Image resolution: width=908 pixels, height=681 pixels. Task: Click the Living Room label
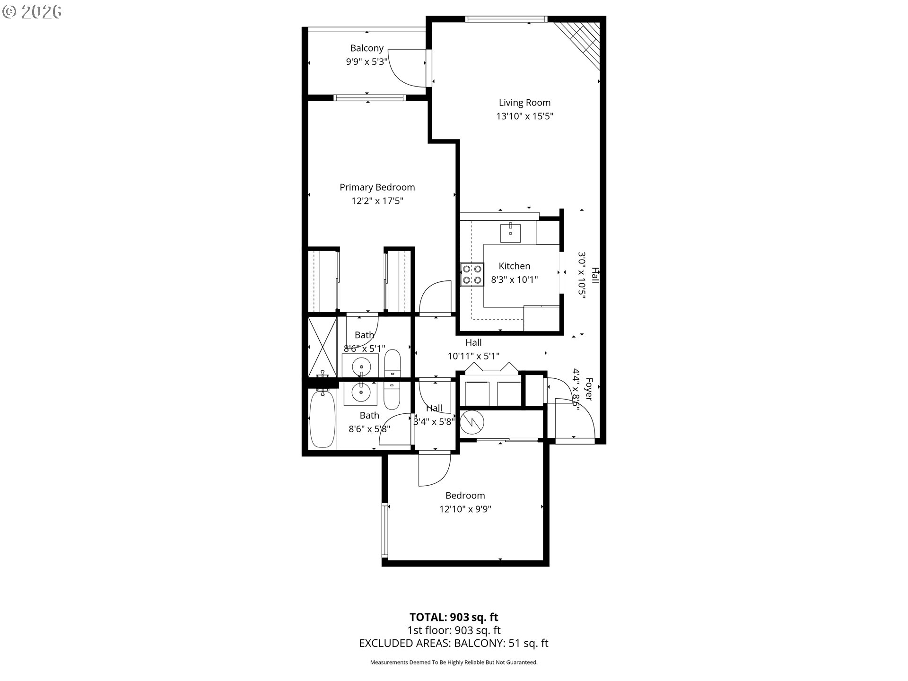point(524,103)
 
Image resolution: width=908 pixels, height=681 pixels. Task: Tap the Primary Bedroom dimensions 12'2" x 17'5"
point(377,201)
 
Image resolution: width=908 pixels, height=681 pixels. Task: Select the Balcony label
point(367,48)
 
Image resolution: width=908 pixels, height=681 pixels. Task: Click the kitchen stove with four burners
point(472,274)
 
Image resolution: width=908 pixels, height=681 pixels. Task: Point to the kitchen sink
point(510,233)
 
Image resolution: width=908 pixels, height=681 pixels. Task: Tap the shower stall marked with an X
point(322,347)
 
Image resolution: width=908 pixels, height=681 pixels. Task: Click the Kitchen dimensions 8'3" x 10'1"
point(515,279)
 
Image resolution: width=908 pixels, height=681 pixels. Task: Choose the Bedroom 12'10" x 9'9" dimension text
point(465,509)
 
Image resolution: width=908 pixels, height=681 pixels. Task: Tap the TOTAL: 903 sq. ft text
point(454,617)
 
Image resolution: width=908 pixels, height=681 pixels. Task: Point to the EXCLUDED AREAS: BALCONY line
point(454,643)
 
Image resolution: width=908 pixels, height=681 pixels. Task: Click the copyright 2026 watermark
point(32,12)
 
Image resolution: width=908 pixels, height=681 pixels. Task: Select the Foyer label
point(589,389)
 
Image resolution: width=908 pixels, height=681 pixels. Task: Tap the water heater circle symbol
point(472,422)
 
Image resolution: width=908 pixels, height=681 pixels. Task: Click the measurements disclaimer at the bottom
point(454,663)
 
